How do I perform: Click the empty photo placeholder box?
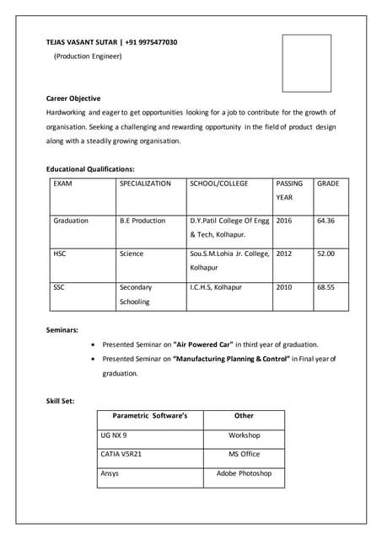(306, 63)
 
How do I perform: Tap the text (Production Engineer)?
(88, 56)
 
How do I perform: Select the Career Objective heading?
(73, 99)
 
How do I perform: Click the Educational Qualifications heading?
(90, 169)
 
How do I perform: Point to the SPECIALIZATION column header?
(145, 183)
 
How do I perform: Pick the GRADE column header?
(328, 183)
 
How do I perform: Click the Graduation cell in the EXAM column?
(71, 221)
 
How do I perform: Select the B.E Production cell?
(143, 221)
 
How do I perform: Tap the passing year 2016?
(284, 221)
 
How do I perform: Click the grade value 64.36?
(326, 221)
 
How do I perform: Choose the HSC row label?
(60, 253)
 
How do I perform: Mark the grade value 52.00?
(326, 253)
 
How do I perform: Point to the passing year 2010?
(284, 287)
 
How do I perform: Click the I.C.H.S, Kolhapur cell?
(216, 287)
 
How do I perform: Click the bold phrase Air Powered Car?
(203, 344)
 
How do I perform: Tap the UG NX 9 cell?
(114, 435)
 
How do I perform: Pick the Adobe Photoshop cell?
(244, 473)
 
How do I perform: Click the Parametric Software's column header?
(150, 416)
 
